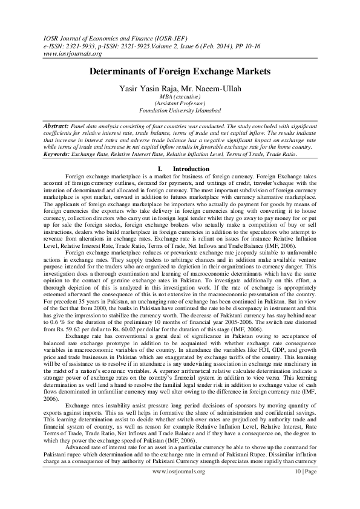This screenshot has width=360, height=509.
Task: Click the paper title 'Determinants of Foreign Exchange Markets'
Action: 180,71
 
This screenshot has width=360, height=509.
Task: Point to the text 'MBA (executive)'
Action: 180,96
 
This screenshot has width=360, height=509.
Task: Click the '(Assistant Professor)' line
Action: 180,103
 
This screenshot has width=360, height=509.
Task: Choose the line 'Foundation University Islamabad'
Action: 180,111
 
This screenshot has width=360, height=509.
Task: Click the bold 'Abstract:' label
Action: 56,124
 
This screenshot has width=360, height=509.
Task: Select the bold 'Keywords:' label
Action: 58,154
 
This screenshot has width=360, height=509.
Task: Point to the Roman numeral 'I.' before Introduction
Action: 159,168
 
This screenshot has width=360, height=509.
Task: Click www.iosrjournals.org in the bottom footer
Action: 180,487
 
